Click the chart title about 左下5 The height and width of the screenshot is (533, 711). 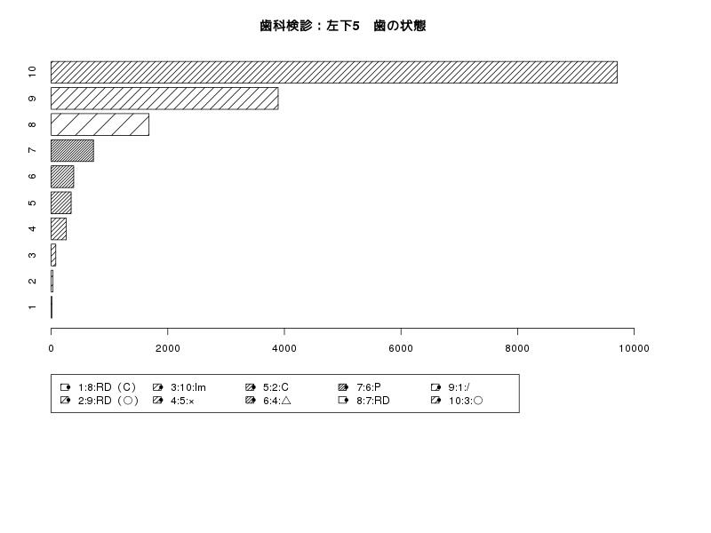[343, 26]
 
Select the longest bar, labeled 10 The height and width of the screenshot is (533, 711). [334, 72]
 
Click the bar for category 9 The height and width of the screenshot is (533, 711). [164, 99]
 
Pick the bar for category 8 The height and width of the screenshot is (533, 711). [100, 124]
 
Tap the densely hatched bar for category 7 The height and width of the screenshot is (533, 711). [72, 150]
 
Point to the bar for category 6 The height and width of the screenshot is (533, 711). [62, 177]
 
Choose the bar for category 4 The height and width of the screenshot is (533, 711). [59, 229]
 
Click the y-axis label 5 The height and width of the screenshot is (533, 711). [32, 203]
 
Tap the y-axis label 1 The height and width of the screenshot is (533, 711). [32, 307]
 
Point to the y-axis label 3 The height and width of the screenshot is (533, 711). [32, 255]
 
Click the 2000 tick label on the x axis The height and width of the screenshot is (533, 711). [168, 348]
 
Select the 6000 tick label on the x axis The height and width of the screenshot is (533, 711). [401, 348]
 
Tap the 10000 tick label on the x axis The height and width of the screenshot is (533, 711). [634, 348]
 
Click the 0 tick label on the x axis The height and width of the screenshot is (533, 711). [51, 348]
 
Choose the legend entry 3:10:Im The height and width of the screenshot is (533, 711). [180, 387]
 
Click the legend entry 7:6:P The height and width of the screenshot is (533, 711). [360, 387]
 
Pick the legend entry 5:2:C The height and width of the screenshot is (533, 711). [267, 387]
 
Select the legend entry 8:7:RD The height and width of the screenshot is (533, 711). [364, 401]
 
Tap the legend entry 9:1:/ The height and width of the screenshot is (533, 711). [451, 387]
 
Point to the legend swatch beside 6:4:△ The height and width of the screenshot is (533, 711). [251, 401]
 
